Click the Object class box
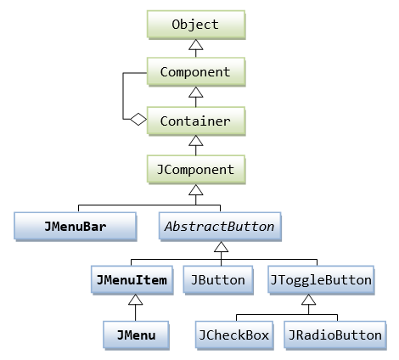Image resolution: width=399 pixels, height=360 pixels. coord(195,24)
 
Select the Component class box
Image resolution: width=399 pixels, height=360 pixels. coord(195,73)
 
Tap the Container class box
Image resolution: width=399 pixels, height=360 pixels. coord(195,121)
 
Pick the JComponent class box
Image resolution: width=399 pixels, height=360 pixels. coord(195,170)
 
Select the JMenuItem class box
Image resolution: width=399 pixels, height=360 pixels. coord(131,279)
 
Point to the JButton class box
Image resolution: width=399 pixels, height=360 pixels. coord(218,279)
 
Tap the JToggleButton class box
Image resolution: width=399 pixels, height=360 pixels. coord(320,279)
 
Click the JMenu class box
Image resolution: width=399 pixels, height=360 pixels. coord(137,335)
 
